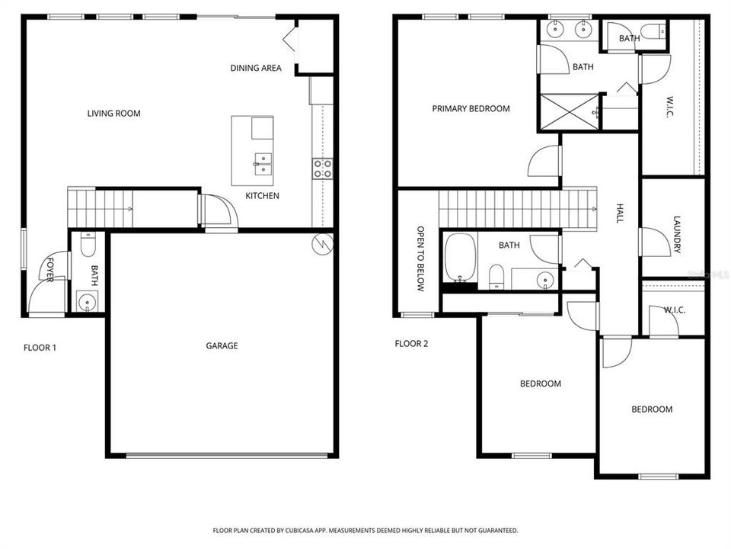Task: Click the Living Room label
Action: (x=113, y=114)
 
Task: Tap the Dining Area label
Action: (x=256, y=68)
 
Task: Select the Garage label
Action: (x=222, y=345)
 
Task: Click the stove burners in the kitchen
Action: (x=322, y=168)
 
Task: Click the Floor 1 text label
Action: (x=40, y=348)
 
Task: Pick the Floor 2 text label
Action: (x=411, y=343)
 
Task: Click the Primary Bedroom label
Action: (x=471, y=109)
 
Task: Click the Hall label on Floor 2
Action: (x=620, y=213)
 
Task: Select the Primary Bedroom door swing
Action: (x=545, y=162)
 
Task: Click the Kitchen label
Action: (x=262, y=196)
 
